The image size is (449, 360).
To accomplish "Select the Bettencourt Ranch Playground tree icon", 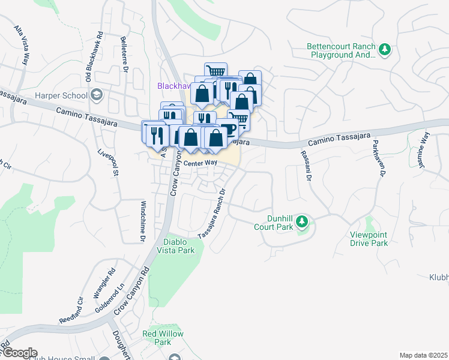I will click(385, 50).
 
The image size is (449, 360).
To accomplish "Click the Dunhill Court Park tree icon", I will click(303, 223).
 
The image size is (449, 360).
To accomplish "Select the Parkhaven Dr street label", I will click(378, 159).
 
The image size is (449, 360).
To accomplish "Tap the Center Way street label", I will click(200, 163).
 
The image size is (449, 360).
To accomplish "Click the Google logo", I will click(19, 353).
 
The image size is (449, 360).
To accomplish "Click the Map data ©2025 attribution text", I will click(423, 355).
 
